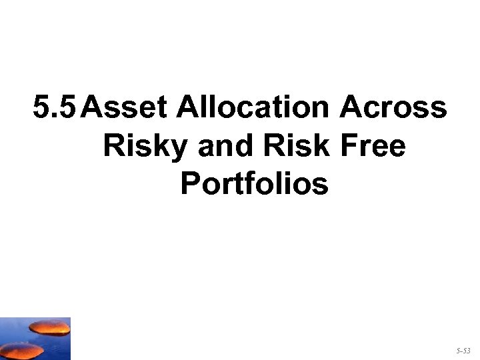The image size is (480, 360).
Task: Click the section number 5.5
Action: [58, 107]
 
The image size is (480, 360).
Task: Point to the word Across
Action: [393, 107]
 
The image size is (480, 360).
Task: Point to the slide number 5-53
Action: [463, 349]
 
